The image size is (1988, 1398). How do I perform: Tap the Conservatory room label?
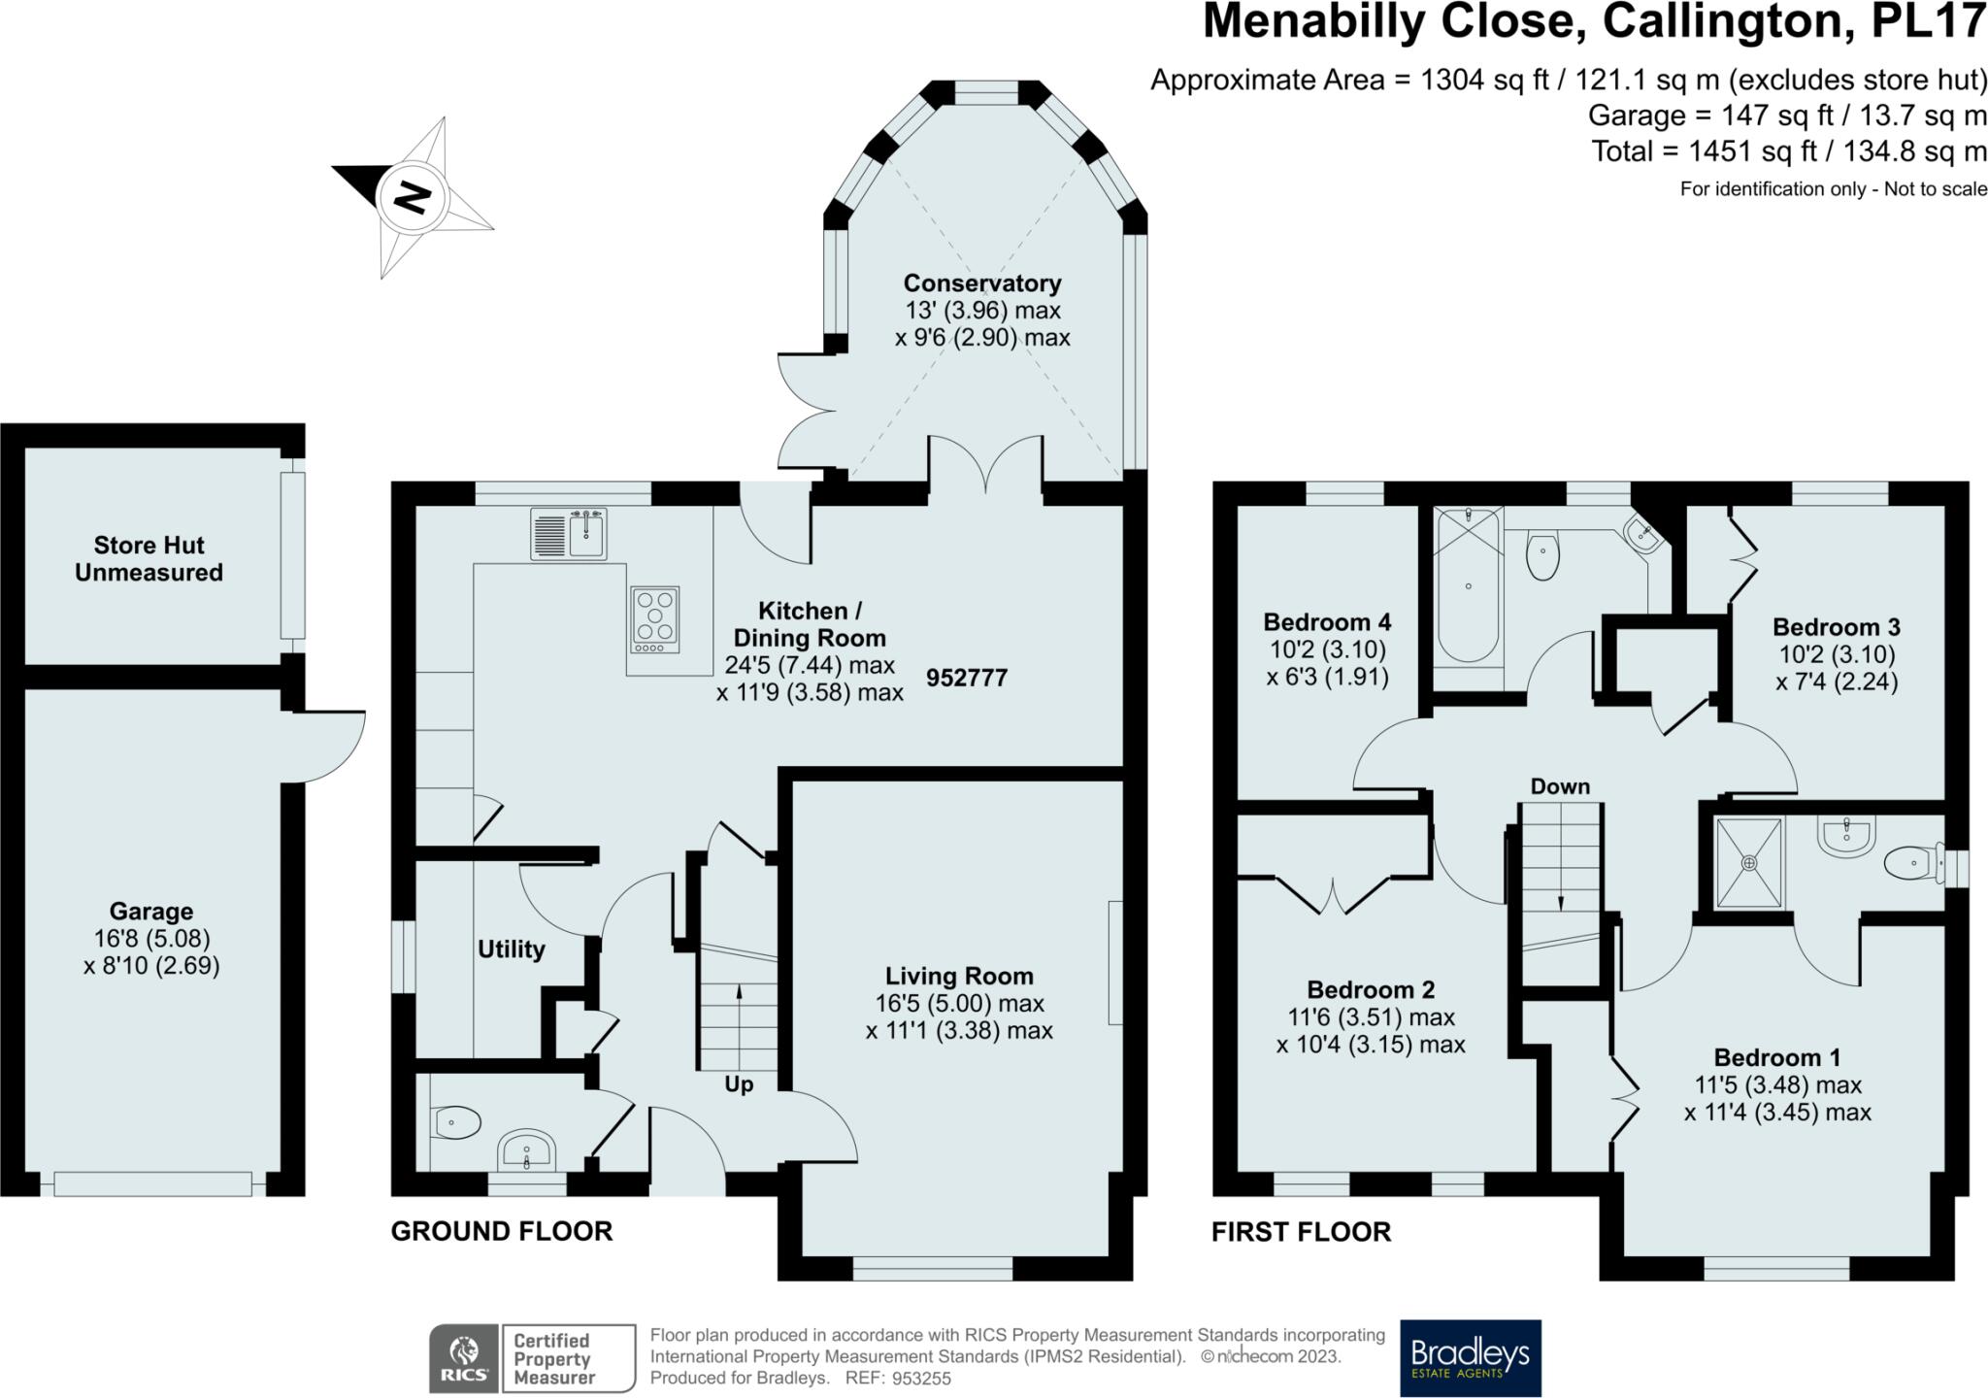982,283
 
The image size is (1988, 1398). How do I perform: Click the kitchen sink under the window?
569,534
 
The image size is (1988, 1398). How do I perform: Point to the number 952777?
967,678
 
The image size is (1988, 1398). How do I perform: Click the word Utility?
511,949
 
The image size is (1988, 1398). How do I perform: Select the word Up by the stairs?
739,1084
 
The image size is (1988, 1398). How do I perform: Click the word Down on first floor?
1560,786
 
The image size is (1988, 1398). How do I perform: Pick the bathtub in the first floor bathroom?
1468,586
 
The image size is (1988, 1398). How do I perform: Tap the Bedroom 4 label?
1327,621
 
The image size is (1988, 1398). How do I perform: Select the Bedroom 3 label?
1836,627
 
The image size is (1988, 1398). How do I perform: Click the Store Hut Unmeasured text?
149,559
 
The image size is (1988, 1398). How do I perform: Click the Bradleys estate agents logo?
1471,1357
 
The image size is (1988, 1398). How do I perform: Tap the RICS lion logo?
464,1358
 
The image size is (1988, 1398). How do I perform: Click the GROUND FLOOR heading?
502,1232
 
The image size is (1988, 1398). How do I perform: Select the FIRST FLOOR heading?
1301,1232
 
